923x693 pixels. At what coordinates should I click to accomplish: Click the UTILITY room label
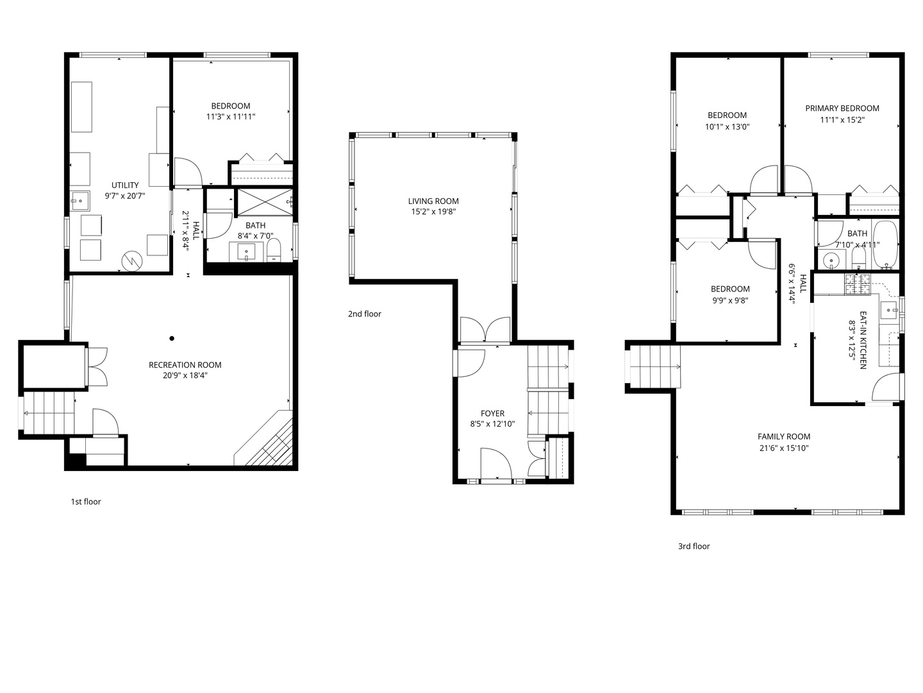[125, 185]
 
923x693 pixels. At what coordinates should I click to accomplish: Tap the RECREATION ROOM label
[185, 365]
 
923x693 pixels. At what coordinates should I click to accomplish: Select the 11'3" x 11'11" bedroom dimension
[231, 117]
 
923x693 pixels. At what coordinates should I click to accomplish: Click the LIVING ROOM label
[433, 201]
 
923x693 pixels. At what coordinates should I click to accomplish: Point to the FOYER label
[492, 414]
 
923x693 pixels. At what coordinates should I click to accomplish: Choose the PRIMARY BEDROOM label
[842, 108]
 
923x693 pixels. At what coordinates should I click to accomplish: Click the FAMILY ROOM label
[784, 437]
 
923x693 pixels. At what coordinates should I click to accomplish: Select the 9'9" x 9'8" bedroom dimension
[729, 300]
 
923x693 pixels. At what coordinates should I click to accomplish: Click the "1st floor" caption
[86, 502]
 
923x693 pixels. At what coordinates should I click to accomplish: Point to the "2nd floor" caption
[365, 314]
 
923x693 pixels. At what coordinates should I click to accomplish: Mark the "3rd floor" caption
[694, 547]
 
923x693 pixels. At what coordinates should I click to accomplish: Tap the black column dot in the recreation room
[172, 338]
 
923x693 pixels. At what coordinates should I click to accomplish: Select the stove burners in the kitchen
[857, 284]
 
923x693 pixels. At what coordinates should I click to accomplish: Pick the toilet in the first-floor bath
[274, 250]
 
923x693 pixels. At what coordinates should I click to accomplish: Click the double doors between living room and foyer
[486, 329]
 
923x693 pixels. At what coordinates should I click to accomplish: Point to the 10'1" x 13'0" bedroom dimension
[728, 127]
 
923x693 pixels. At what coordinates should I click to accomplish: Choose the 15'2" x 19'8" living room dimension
[433, 212]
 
